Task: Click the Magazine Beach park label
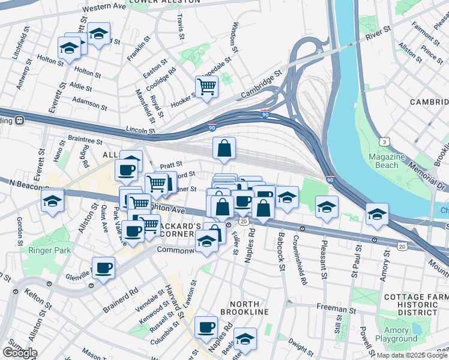(x=394, y=161)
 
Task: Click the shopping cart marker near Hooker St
(x=206, y=86)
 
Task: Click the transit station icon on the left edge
(x=19, y=119)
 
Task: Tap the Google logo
(x=20, y=352)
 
